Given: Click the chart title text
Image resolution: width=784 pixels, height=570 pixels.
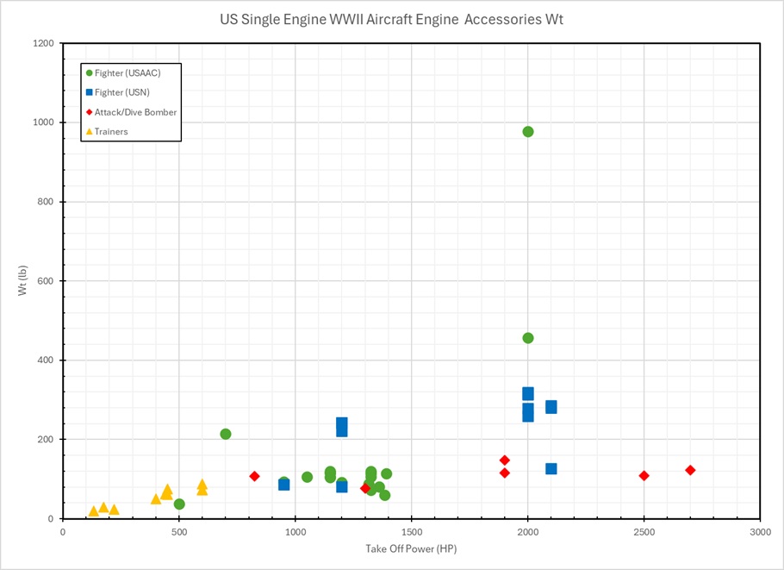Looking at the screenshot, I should (x=391, y=20).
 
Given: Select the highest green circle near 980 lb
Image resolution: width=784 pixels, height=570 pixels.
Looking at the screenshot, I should (x=528, y=131).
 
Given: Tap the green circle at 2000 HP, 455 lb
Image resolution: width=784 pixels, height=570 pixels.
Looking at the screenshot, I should (x=528, y=338).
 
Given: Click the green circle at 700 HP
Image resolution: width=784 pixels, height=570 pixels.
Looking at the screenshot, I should (x=226, y=434).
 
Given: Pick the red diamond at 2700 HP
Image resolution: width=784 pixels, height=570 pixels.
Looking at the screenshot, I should (x=690, y=470).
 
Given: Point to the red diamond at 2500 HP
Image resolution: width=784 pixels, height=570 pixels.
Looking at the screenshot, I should (x=644, y=476).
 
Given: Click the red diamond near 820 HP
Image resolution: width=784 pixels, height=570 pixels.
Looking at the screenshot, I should (x=254, y=476).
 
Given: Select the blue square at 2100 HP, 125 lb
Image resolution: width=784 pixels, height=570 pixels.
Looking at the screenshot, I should (x=551, y=469).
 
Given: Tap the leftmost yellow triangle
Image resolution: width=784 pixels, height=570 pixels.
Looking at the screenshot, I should (x=94, y=511).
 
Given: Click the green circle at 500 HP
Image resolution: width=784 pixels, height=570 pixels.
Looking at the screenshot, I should (x=179, y=504).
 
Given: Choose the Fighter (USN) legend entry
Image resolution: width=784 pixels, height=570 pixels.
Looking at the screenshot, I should (x=127, y=92).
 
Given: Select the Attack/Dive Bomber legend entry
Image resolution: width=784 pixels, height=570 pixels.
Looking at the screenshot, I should (x=135, y=112).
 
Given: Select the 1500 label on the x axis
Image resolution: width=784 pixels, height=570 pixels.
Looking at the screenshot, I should (x=411, y=532).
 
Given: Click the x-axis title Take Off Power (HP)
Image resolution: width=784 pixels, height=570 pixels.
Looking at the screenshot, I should (x=411, y=548).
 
